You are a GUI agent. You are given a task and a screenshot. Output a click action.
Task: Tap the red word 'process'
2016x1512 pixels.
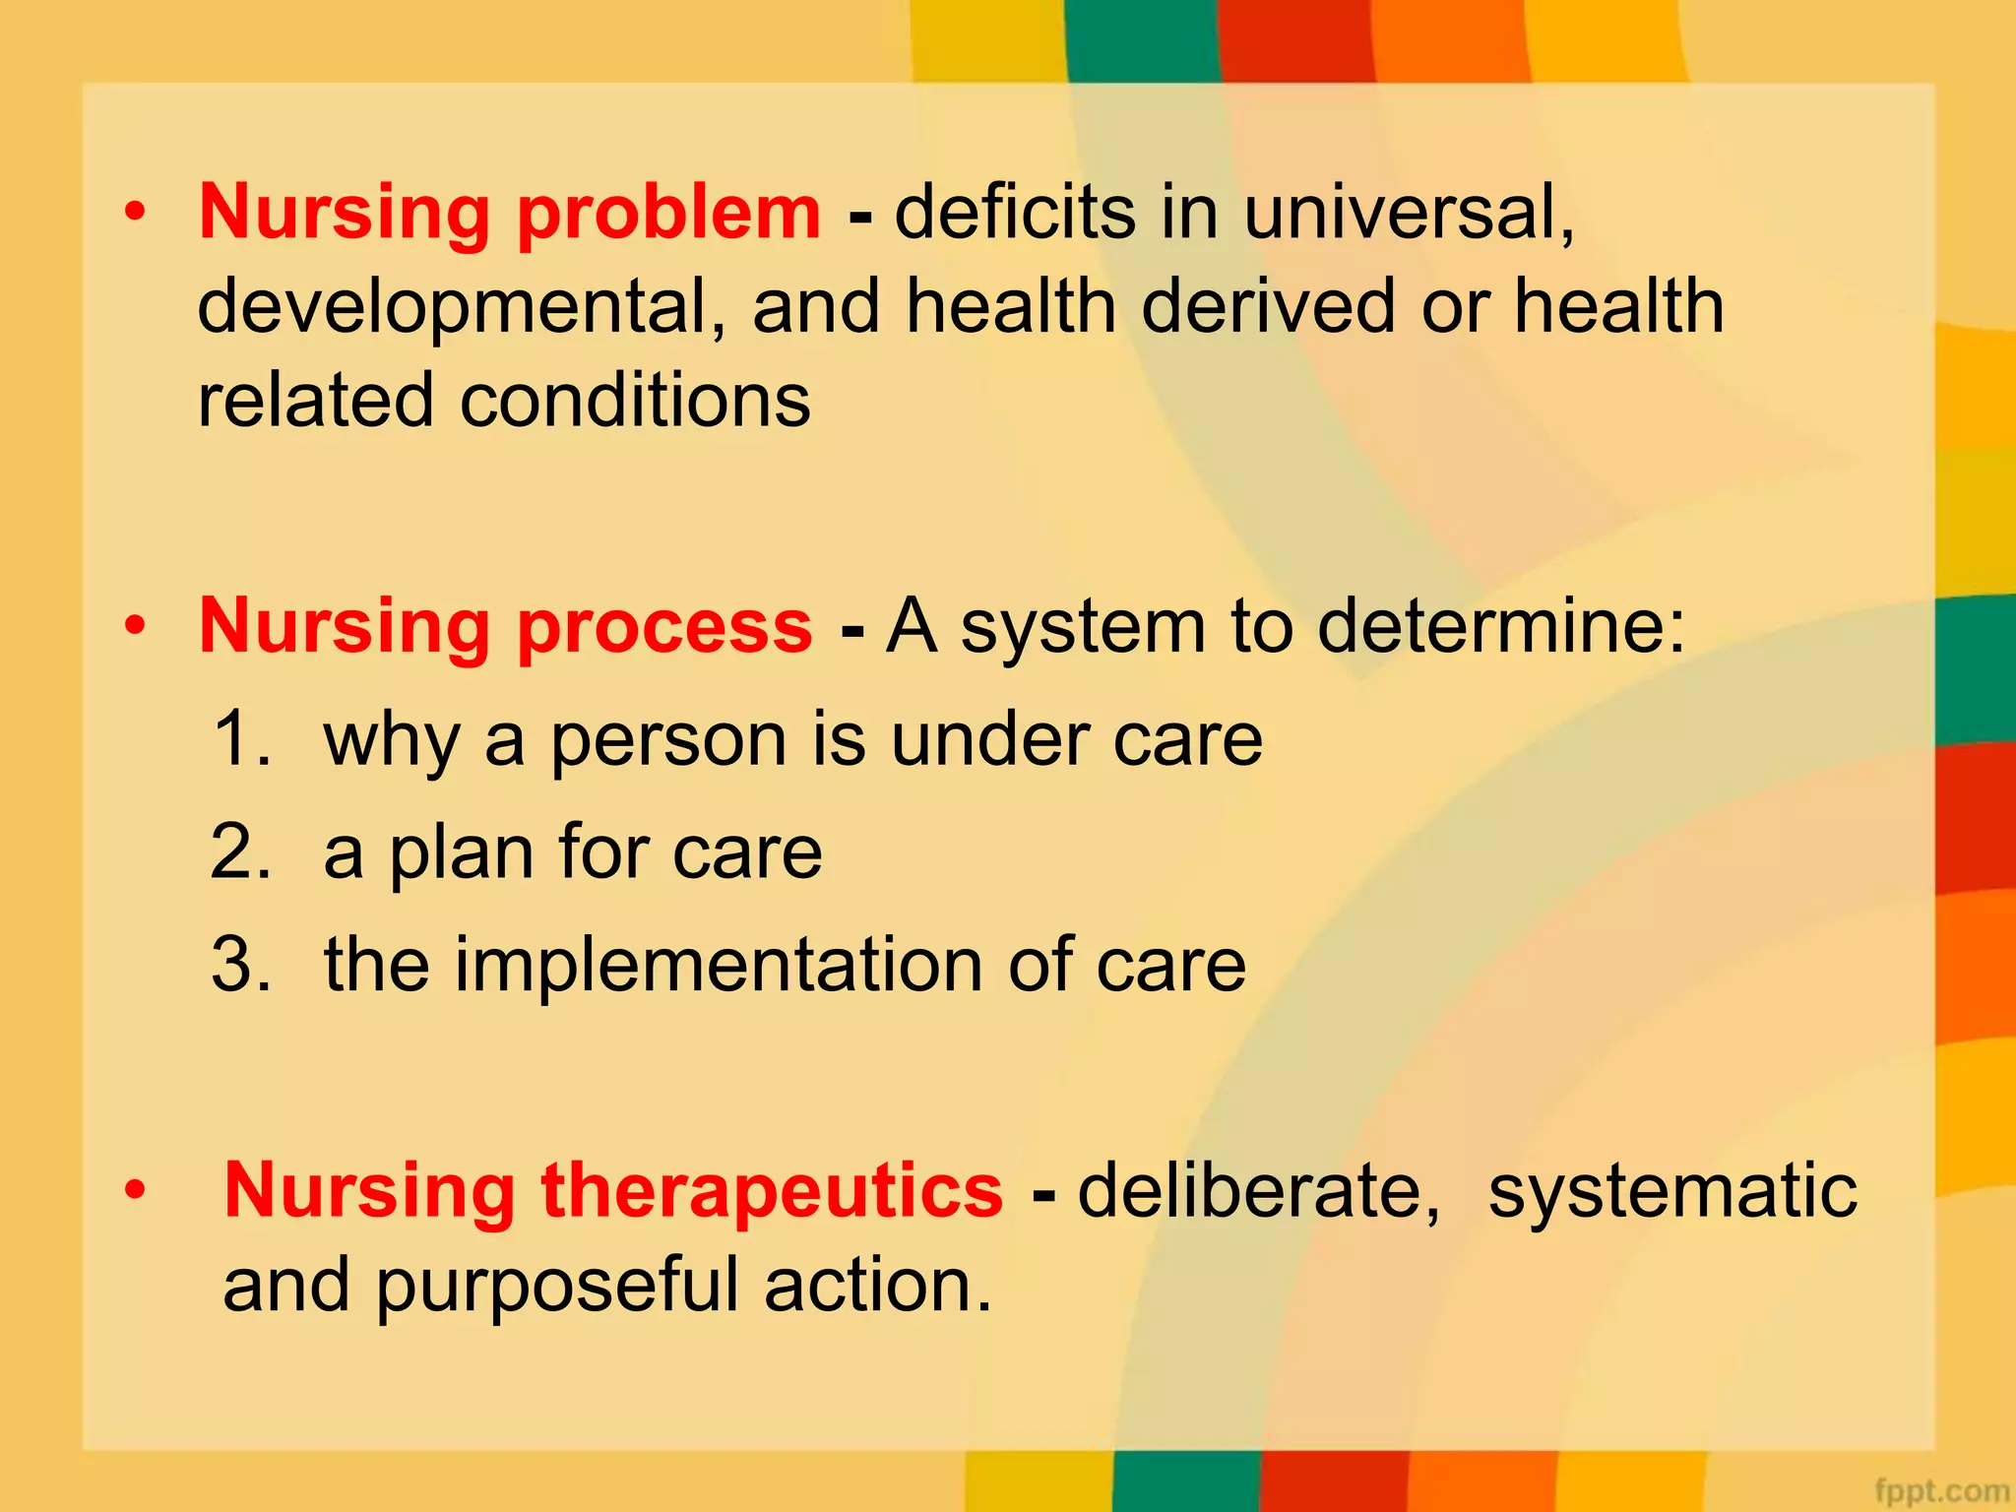click(664, 628)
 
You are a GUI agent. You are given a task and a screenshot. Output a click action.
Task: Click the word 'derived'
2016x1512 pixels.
click(1269, 306)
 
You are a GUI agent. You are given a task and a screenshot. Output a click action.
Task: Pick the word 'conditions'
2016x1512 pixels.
click(635, 401)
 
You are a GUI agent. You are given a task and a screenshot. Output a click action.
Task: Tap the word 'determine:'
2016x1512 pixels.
click(1502, 627)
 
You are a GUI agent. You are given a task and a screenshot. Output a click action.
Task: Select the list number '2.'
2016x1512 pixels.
click(241, 851)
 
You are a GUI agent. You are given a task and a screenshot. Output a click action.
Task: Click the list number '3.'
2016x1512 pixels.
click(241, 965)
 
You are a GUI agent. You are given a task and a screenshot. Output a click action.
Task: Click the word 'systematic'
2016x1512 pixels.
click(1671, 1191)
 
